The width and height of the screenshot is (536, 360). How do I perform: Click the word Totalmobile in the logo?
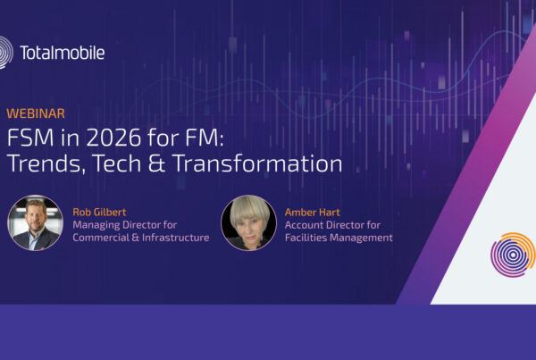(62, 53)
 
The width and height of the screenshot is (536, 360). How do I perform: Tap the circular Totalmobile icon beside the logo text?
(4, 52)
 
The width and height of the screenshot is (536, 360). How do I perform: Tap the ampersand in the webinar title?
(166, 164)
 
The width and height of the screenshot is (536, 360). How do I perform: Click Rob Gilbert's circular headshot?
(36, 222)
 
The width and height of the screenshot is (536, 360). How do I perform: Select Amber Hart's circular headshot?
(248, 222)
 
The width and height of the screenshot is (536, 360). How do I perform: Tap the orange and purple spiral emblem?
(513, 254)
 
